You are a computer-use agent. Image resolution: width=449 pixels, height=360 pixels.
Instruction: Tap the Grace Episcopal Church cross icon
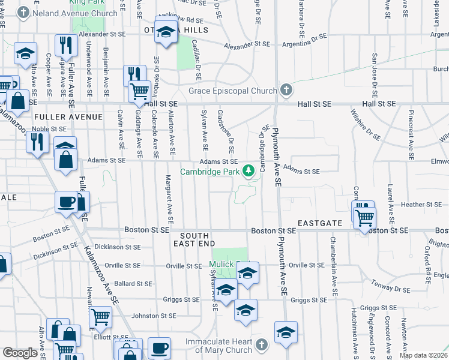(x=286, y=91)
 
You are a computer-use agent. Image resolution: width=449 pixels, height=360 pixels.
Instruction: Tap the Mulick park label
(x=221, y=264)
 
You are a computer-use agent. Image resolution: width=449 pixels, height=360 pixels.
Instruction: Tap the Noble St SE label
(x=49, y=128)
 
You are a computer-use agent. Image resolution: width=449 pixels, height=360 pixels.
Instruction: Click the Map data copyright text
(x=425, y=356)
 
